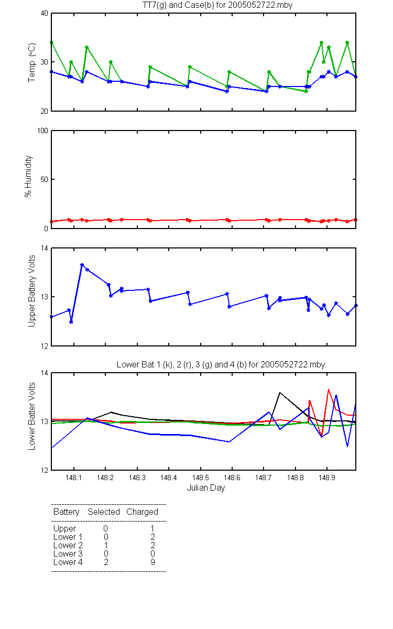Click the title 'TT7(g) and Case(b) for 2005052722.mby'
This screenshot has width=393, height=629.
[217, 5]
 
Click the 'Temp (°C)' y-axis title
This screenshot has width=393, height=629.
[32, 62]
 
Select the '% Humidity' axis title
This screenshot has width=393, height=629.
[28, 176]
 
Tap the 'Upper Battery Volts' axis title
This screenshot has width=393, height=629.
[31, 291]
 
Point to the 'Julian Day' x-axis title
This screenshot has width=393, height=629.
[206, 488]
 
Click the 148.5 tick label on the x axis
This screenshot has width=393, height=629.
[200, 478]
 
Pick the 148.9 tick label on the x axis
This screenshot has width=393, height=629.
[327, 478]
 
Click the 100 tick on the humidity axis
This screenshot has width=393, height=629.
[42, 131]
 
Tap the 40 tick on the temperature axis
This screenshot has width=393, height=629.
[45, 13]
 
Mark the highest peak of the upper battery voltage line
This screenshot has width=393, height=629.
[82, 265]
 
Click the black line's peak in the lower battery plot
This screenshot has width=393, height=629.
[280, 392]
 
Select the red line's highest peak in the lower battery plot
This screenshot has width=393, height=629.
[329, 389]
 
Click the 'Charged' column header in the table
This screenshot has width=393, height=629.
[142, 512]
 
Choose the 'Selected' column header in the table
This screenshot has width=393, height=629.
[104, 512]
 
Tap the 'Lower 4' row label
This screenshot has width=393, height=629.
[68, 562]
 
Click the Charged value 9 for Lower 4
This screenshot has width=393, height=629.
[152, 562]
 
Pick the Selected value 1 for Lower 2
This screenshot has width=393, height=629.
[106, 545]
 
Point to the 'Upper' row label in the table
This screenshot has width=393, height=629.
[64, 529]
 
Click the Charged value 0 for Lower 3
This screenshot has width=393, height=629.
[152, 554]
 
